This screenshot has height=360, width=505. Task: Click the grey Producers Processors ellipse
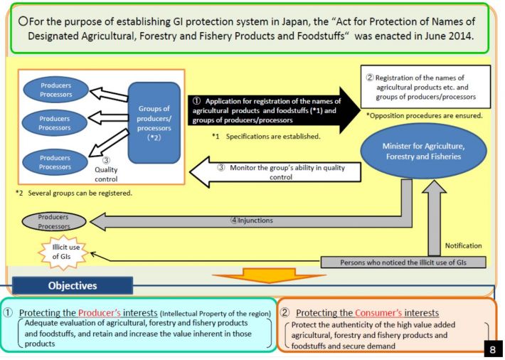[54, 221]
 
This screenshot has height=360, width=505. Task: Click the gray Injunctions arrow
[249, 221]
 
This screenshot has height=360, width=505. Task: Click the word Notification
[462, 246]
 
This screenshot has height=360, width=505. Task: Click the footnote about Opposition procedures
[424, 115]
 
